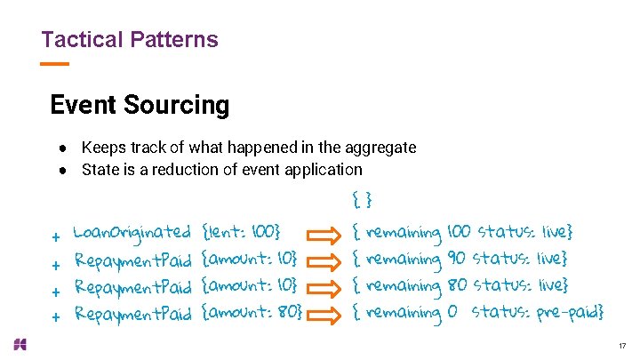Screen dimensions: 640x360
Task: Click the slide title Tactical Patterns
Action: (x=129, y=40)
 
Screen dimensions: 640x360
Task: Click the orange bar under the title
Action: (x=54, y=64)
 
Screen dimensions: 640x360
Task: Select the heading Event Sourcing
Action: (x=140, y=105)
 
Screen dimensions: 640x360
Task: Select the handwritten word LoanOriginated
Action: (x=132, y=234)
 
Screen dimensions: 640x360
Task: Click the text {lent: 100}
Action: (x=242, y=234)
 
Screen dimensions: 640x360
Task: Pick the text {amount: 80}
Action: (x=252, y=313)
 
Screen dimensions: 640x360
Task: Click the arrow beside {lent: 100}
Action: (x=324, y=234)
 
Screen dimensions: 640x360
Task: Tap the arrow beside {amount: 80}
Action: (x=324, y=313)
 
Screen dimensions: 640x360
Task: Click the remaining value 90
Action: (x=456, y=260)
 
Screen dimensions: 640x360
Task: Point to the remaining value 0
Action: (x=452, y=313)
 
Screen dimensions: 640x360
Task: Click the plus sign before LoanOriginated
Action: (x=55, y=237)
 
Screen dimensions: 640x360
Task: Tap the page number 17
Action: (x=621, y=345)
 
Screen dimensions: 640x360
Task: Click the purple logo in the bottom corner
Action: (x=20, y=344)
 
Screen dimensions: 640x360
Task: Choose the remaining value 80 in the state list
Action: (x=457, y=286)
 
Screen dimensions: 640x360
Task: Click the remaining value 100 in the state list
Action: (x=459, y=234)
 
